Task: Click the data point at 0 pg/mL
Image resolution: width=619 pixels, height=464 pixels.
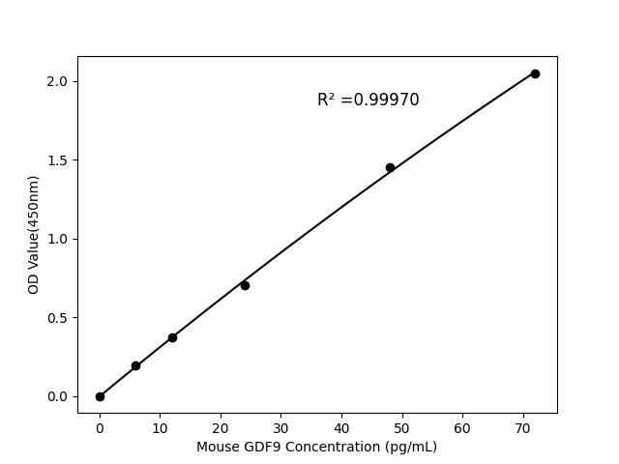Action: click(x=100, y=396)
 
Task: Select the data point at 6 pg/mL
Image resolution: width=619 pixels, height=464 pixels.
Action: click(x=135, y=365)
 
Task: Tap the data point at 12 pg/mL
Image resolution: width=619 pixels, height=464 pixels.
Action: click(x=172, y=337)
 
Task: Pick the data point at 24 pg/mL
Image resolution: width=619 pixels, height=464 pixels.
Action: click(x=245, y=285)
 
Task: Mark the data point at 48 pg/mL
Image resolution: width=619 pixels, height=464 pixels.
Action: click(x=390, y=167)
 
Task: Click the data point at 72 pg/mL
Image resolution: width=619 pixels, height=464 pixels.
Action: click(x=535, y=73)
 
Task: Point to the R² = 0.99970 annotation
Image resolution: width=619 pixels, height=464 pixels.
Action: click(x=368, y=100)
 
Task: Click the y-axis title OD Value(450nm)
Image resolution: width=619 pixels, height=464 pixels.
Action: click(x=33, y=235)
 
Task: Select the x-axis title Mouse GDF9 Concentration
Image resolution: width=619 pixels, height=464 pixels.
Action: click(x=316, y=447)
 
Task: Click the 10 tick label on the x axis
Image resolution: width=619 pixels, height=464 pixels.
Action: click(x=160, y=427)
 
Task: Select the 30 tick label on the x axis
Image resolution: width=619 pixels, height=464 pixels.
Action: click(x=280, y=427)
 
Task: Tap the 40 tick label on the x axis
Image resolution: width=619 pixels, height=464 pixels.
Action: click(x=341, y=427)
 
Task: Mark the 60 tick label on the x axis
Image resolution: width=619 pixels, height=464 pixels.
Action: click(x=462, y=427)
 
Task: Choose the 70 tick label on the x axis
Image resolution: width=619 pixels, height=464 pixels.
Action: click(x=522, y=427)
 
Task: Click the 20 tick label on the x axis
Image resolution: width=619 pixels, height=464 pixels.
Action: click(x=221, y=427)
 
